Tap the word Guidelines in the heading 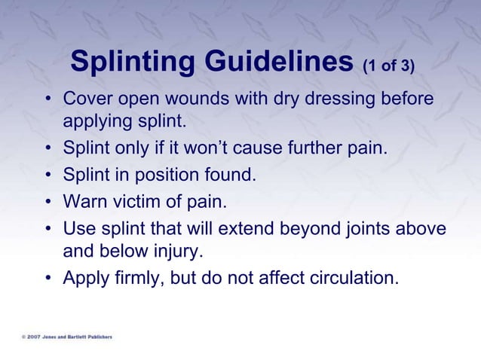[x=279, y=64]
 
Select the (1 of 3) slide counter [x=388, y=67]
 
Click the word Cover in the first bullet [x=86, y=99]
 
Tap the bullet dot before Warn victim [x=49, y=203]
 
